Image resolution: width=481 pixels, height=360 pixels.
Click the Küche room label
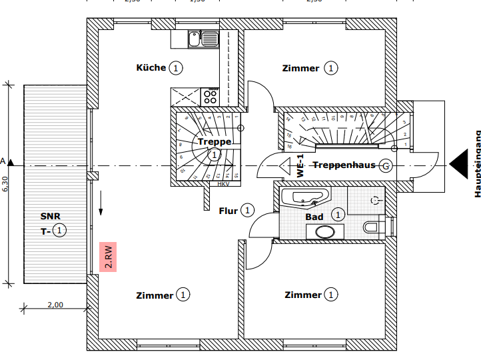151,67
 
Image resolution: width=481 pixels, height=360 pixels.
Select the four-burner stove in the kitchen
210,97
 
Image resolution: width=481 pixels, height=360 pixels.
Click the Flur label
229,211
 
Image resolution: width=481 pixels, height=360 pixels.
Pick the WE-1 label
300,165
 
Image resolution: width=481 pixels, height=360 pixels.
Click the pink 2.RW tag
107,257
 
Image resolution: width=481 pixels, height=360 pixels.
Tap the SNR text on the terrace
49,217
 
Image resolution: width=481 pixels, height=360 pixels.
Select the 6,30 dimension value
5,183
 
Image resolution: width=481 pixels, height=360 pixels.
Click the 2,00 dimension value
55,305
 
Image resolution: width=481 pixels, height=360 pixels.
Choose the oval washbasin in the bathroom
326,232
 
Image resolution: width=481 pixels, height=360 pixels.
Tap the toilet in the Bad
374,227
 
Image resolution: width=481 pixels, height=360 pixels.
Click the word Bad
314,217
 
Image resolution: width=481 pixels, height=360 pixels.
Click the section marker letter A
3,161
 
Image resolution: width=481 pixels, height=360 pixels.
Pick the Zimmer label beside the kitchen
300,68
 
